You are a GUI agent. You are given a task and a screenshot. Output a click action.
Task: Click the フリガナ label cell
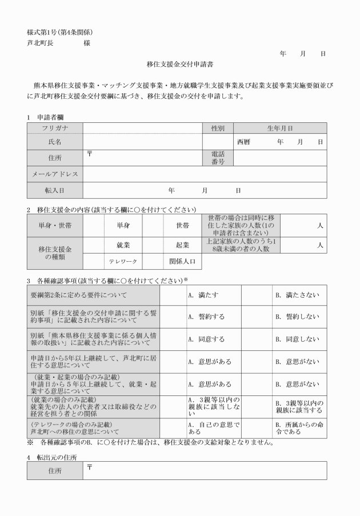[x=55, y=128]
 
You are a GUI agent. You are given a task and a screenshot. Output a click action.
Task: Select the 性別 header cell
[x=218, y=128]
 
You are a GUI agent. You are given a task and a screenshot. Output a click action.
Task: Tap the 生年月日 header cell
[x=280, y=128]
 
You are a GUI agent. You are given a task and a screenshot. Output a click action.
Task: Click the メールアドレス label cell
[x=55, y=174]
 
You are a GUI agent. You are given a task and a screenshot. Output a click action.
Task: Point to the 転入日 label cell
[x=55, y=190]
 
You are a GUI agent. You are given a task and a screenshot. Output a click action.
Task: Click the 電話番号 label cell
[x=218, y=158]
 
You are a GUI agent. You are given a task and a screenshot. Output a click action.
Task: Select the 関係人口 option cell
[x=183, y=262]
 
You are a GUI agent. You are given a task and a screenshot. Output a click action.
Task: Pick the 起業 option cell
[x=183, y=245]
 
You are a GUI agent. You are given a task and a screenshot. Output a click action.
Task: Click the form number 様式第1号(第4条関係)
[x=59, y=31]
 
